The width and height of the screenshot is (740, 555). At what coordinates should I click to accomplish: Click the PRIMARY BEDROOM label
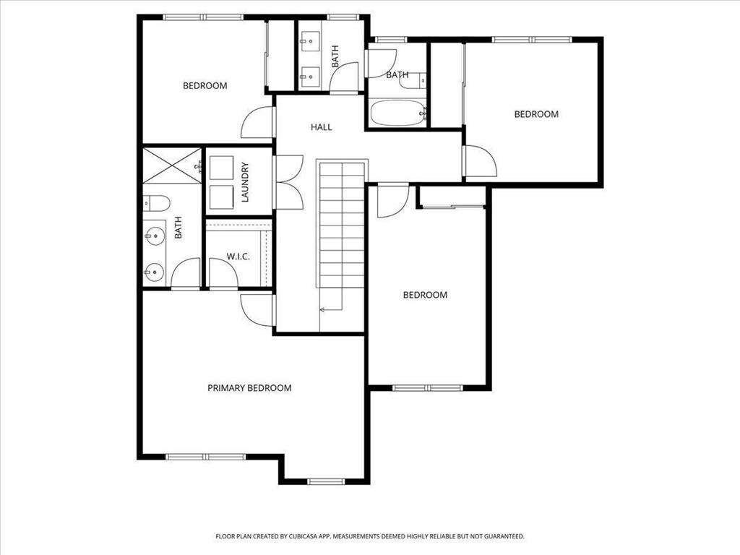pos(249,388)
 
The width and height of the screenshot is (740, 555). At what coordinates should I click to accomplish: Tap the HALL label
pos(321,127)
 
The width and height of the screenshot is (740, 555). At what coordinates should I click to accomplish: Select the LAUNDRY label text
pos(245,182)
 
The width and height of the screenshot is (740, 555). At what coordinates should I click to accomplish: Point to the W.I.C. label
pos(238,257)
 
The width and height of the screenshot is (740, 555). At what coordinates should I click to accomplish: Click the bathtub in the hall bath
pos(398,113)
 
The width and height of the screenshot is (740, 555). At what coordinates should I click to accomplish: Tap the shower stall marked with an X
pos(172,165)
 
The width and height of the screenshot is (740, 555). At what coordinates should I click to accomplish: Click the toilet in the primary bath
pos(156,204)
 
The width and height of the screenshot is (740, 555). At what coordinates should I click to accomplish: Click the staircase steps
pos(342,224)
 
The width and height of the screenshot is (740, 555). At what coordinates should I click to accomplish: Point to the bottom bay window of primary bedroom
pos(326,481)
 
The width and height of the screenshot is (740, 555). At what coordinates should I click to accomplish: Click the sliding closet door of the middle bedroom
pos(452,206)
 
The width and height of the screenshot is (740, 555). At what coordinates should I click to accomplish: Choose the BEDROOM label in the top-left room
pos(205,85)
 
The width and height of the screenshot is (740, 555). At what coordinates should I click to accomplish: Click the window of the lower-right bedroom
pos(428,388)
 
